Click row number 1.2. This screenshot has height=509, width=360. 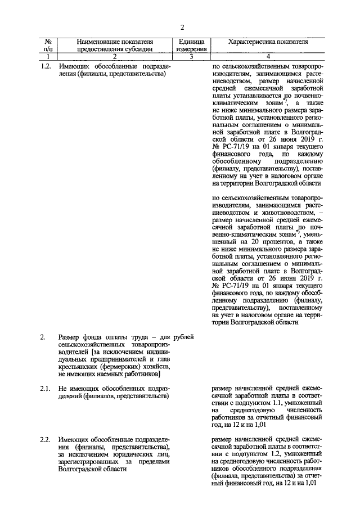(47, 66)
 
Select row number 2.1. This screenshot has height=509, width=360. (47, 388)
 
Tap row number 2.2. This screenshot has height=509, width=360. (47, 439)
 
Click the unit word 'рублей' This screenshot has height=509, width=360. (184, 337)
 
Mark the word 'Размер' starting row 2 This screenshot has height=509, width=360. (70, 337)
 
